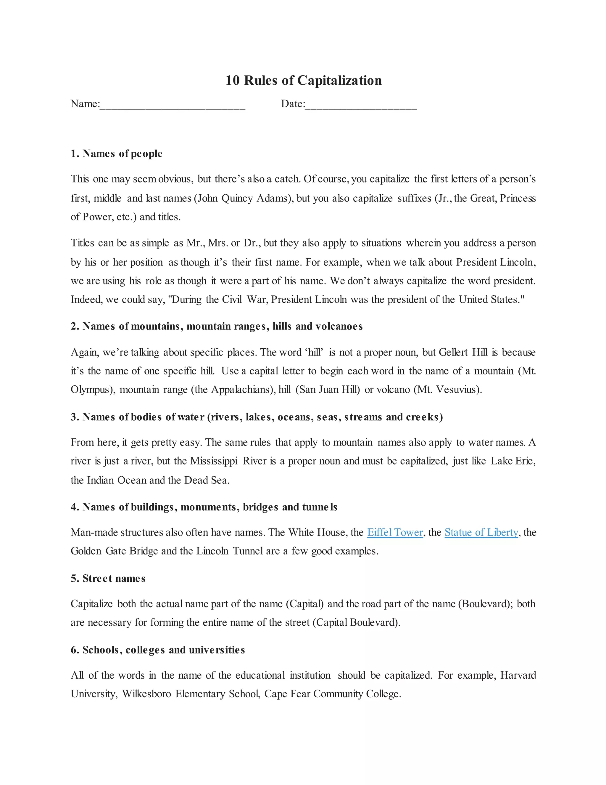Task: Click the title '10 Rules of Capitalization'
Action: tap(303, 80)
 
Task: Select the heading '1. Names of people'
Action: tap(116, 154)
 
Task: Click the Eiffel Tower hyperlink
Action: tap(395, 532)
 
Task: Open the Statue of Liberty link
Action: tap(481, 532)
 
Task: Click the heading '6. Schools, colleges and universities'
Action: tap(158, 650)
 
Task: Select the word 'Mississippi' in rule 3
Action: tap(214, 461)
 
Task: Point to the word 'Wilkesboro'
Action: tap(146, 694)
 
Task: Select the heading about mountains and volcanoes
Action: tap(217, 326)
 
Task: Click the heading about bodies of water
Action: tap(257, 417)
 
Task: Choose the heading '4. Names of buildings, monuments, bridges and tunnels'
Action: tap(204, 507)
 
